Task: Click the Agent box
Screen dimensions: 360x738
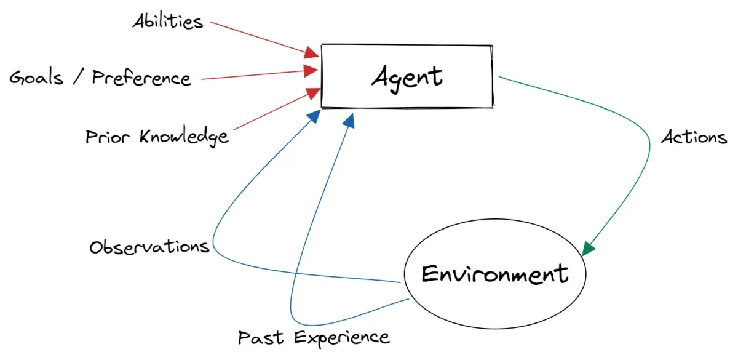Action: (x=407, y=76)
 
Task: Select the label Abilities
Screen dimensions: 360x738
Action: (x=168, y=22)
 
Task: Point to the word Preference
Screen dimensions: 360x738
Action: (x=141, y=78)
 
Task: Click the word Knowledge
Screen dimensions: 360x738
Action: (x=183, y=136)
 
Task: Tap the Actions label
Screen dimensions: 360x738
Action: (x=694, y=137)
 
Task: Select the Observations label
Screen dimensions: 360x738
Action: (x=149, y=247)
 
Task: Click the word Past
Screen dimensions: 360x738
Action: (x=261, y=337)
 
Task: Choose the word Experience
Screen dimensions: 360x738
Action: (x=341, y=338)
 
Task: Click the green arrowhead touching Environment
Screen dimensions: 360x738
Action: (x=589, y=248)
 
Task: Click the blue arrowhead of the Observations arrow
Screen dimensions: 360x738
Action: (x=314, y=116)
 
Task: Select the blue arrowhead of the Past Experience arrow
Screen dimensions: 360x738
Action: (x=349, y=121)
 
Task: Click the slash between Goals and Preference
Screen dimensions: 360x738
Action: (x=80, y=78)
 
